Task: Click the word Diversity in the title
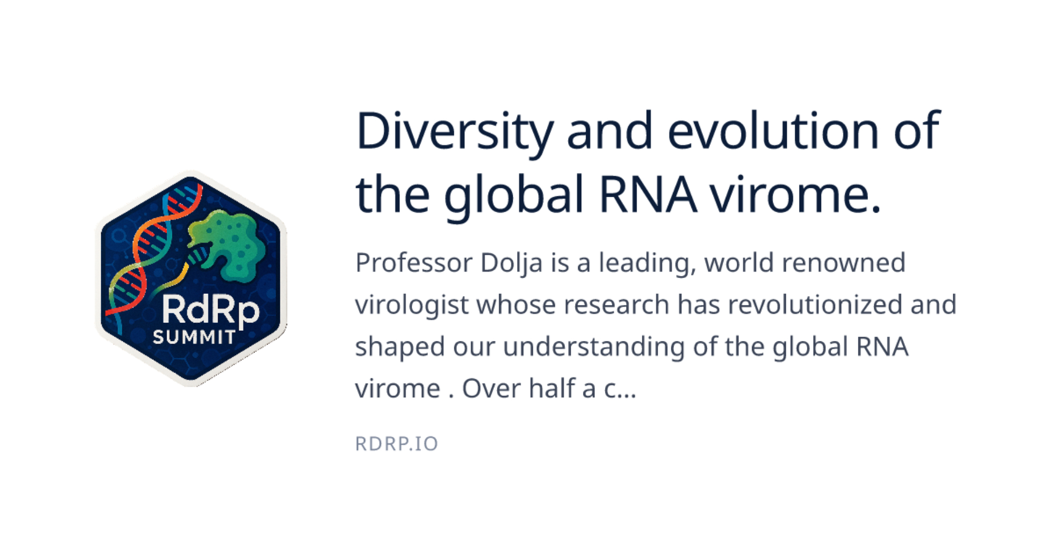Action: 455,132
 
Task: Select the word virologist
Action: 412,305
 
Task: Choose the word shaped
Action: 400,348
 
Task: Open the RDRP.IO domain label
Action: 397,444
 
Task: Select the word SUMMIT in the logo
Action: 194,337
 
